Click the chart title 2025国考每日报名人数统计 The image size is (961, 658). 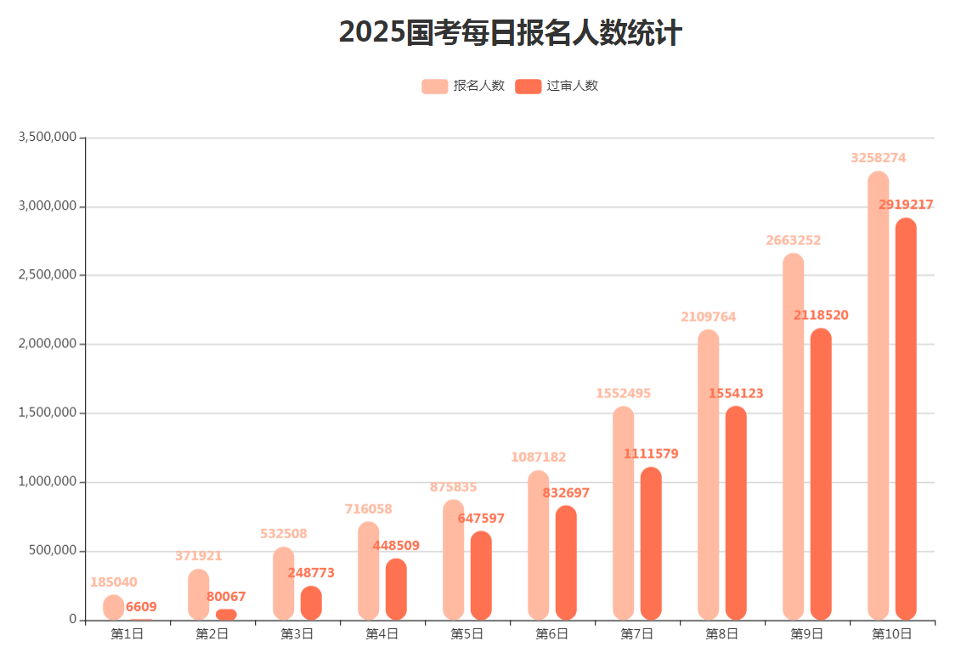pyautogui.click(x=510, y=33)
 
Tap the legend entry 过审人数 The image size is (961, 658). pyautogui.click(x=557, y=86)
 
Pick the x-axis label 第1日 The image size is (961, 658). pyautogui.click(x=127, y=633)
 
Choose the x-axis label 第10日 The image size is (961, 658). pyautogui.click(x=892, y=633)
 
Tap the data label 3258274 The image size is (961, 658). pyautogui.click(x=878, y=158)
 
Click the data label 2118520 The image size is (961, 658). pyautogui.click(x=821, y=315)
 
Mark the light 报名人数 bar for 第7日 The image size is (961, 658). pyautogui.click(x=623, y=513)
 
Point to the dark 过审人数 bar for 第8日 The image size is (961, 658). pyautogui.click(x=736, y=513)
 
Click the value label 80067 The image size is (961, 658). pyautogui.click(x=226, y=597)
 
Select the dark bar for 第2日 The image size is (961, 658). pyautogui.click(x=226, y=614)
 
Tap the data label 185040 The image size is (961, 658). pyautogui.click(x=113, y=582)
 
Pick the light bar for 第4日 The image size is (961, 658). pyautogui.click(x=368, y=571)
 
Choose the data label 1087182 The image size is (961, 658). pyautogui.click(x=538, y=457)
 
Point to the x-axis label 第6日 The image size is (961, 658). pyautogui.click(x=552, y=633)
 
